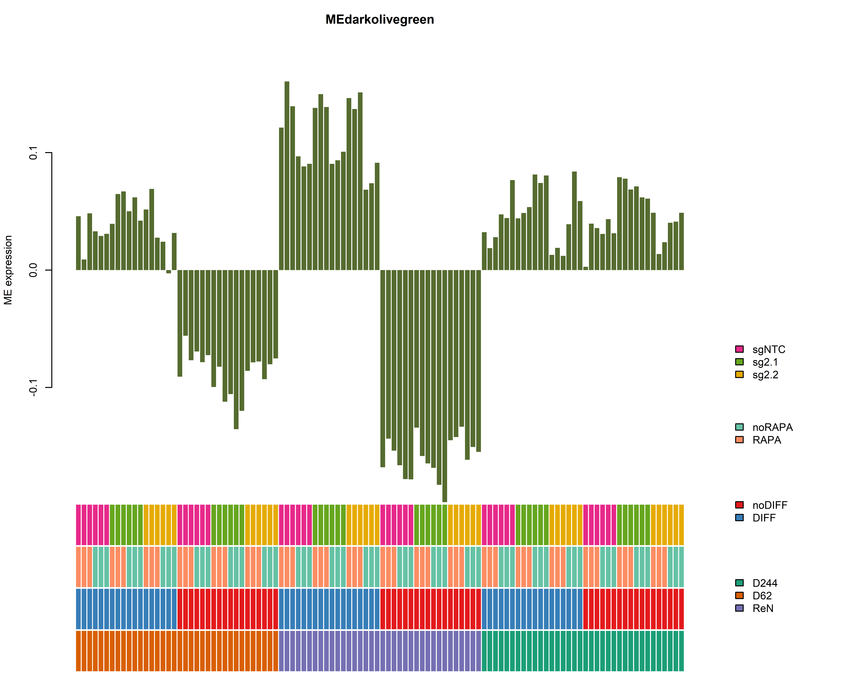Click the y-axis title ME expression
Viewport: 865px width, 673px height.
pos(8,270)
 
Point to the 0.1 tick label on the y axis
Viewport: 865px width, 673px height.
pos(33,153)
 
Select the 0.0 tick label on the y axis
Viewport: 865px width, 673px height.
pos(33,270)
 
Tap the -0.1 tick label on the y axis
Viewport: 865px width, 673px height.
pos(33,387)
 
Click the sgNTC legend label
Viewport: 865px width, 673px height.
pos(768,349)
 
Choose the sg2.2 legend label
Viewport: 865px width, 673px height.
pos(765,375)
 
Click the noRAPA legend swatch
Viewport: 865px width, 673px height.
pos(739,427)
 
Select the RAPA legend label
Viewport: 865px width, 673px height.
pos(766,440)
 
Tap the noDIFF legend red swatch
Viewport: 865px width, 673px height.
pos(739,505)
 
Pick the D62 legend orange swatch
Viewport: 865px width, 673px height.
pos(739,595)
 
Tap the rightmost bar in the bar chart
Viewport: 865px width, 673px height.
pos(681,242)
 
